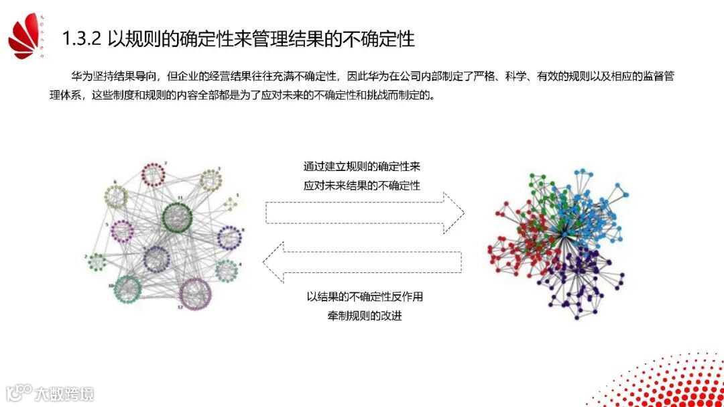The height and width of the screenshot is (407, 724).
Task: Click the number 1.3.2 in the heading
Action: [x=81, y=39]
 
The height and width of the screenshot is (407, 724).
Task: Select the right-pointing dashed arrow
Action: [x=365, y=212]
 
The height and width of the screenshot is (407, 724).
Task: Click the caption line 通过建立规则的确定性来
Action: [x=362, y=166]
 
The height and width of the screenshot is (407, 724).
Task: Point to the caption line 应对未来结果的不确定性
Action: [x=362, y=185]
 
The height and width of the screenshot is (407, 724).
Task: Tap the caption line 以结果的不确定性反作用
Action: [x=365, y=296]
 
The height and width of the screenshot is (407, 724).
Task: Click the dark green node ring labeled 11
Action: [x=177, y=216]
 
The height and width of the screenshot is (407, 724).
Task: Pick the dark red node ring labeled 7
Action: [x=154, y=175]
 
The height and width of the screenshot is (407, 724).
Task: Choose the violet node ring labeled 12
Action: [x=195, y=292]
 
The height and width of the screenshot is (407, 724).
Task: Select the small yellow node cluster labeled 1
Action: [x=231, y=202]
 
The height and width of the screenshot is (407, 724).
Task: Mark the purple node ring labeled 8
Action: [x=230, y=237]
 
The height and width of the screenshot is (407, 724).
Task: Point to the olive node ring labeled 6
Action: [x=117, y=196]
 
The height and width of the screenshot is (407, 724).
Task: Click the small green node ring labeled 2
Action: [x=99, y=261]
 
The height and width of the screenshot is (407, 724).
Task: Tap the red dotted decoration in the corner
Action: [x=670, y=382]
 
